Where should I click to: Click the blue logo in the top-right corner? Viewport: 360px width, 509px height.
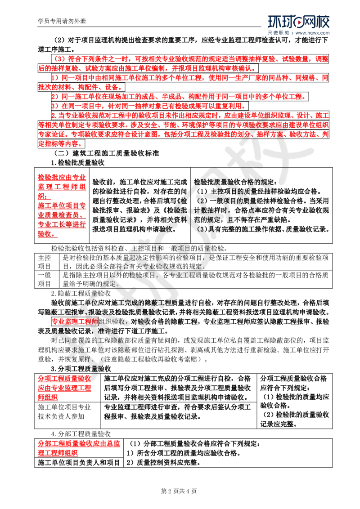click(x=298, y=25)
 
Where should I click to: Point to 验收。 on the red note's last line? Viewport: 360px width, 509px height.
click(x=47, y=234)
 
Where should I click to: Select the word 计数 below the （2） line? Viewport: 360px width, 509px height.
click(x=202, y=210)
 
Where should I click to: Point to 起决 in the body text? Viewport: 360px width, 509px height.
click(x=137, y=257)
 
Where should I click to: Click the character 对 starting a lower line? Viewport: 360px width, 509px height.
click(x=55, y=340)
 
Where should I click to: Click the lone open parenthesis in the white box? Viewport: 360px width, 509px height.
click(x=56, y=153)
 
